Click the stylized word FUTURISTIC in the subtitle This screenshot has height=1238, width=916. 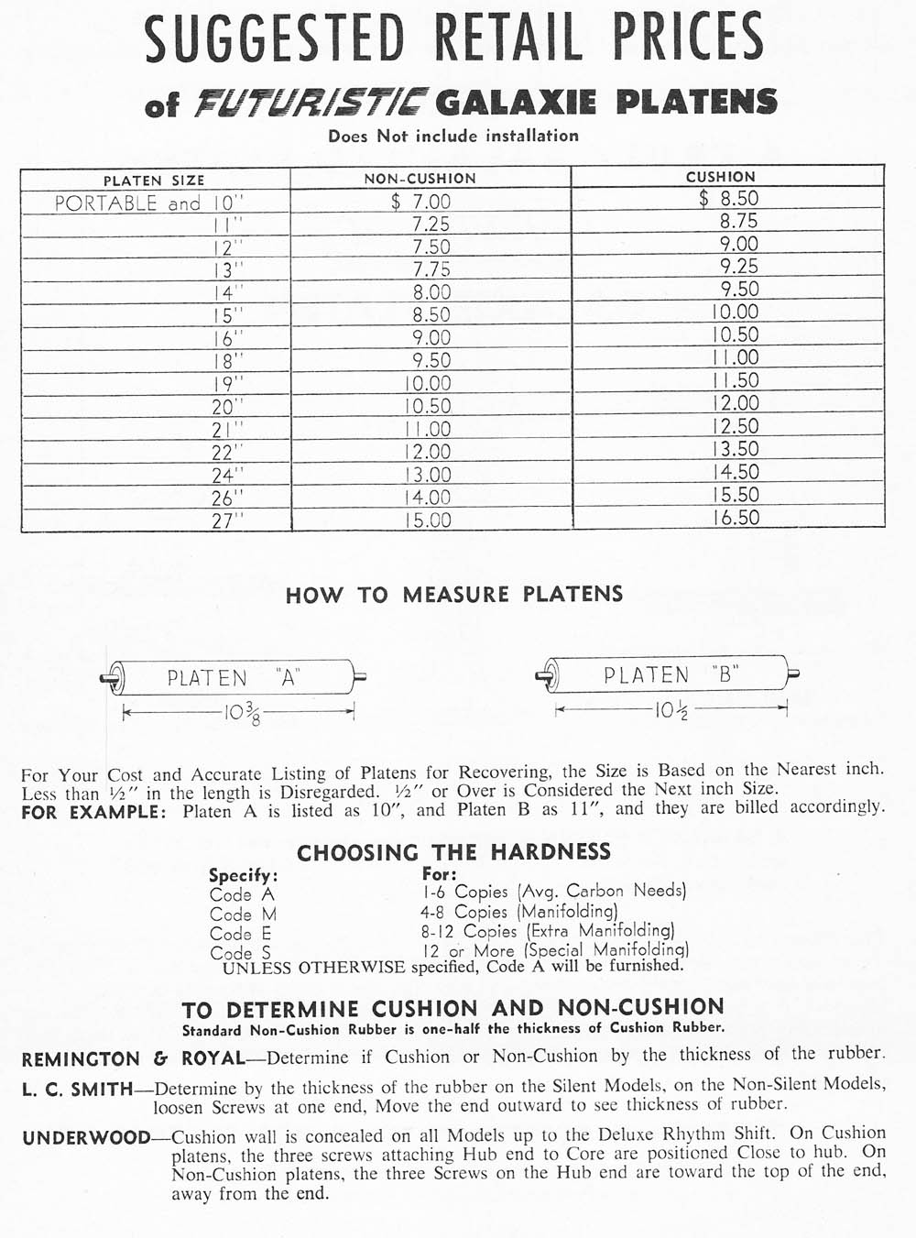point(311,103)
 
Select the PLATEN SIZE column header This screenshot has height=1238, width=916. point(154,181)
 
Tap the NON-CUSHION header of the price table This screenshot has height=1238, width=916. point(420,179)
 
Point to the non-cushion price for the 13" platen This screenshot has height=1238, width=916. point(431,269)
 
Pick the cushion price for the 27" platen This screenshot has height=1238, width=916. point(736,517)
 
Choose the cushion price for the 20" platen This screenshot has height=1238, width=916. point(736,403)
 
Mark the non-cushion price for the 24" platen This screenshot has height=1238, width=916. point(428,475)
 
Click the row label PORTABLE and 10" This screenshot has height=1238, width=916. point(150,203)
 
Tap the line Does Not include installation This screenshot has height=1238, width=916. point(453,137)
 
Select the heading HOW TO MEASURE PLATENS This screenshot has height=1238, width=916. point(454,595)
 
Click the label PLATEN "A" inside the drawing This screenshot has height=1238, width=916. point(234,678)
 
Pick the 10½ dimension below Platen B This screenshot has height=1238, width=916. point(671,708)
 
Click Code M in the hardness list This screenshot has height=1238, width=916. point(243,914)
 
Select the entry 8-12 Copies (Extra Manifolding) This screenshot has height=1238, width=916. point(548,931)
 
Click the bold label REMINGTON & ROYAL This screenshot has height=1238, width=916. point(133,1059)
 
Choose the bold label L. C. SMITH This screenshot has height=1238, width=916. point(78,1090)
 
